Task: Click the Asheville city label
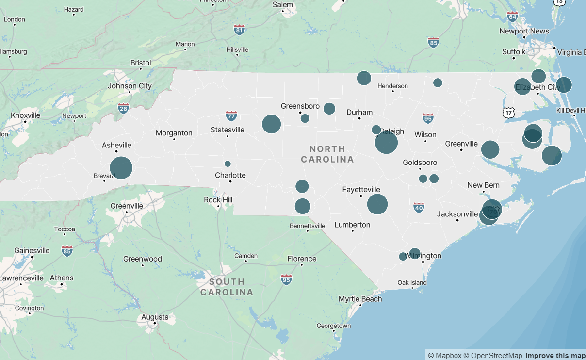coord(116,146)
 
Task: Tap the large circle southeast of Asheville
coord(121,168)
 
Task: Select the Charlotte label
coord(230,175)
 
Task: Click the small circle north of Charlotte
coord(228,164)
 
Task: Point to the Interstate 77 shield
coord(231,116)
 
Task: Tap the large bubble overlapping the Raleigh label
coord(386,143)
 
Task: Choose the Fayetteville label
coord(361,190)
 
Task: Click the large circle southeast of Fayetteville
coord(377,204)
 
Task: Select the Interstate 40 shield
coord(419,208)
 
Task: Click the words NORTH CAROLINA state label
coord(327,154)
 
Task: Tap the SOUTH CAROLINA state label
coord(227,287)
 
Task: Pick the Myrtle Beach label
coord(360,299)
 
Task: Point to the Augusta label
coord(155,317)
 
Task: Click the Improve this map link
coord(555,356)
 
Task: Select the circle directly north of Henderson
coord(364,78)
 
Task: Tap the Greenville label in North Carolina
coord(461,144)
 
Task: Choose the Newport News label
coord(524,31)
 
